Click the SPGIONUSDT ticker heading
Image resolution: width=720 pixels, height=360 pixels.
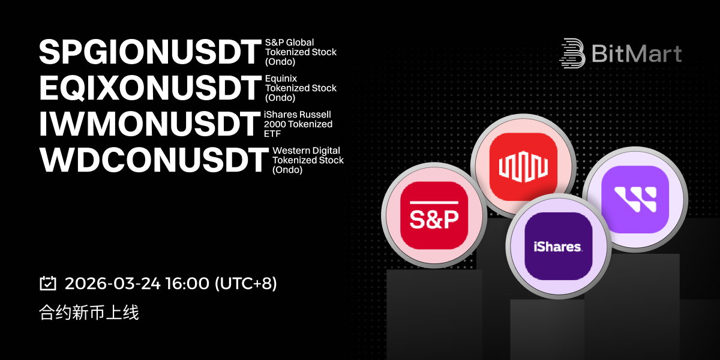150,52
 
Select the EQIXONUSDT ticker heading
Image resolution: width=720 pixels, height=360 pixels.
150,88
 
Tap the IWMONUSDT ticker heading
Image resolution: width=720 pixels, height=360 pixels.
149,124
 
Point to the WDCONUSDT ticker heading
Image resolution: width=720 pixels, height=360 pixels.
154,160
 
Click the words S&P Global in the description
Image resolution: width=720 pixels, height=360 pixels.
289,43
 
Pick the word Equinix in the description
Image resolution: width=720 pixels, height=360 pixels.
281,79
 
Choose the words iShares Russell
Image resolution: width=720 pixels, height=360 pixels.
298,115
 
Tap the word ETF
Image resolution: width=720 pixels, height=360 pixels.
272,134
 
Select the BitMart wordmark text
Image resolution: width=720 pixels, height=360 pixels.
637,53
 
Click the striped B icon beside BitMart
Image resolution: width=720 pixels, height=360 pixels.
573,53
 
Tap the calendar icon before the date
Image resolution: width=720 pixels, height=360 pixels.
48,283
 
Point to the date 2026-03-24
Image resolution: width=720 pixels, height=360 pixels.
113,283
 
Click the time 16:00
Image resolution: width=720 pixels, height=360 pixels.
187,283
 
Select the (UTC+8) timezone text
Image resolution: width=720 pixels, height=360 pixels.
245,283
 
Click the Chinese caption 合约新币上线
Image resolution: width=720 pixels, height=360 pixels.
89,313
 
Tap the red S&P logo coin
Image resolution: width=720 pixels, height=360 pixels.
434,215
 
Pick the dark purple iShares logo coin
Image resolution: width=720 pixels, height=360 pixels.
559,246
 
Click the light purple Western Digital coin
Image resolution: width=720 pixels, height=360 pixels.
635,199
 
